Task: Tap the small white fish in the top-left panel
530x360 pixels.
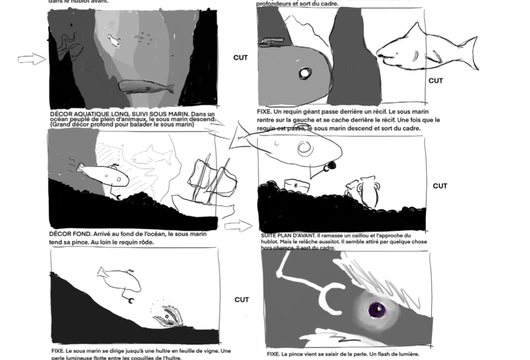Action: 113,40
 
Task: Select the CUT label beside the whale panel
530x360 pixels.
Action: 240,58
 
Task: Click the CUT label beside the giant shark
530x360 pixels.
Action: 435,81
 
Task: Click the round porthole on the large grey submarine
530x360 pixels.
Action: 304,74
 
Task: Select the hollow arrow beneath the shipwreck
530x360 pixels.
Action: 237,226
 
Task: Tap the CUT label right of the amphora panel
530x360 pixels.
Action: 440,186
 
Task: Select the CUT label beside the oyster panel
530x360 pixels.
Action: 241,300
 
